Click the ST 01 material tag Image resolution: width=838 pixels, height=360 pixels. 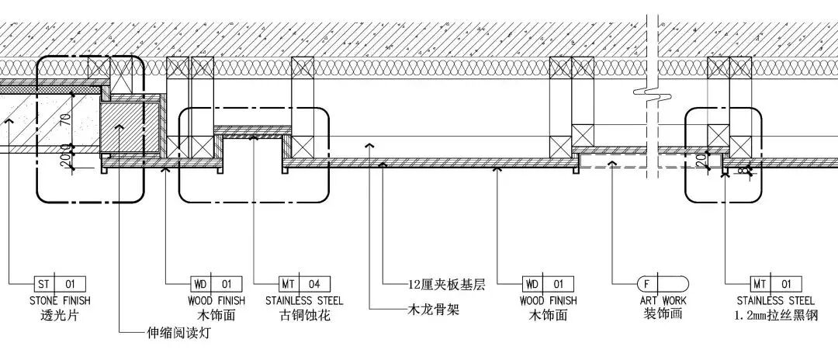[60, 284]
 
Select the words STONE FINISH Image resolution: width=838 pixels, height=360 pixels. [60, 300]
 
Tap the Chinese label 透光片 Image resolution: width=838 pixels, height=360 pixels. [60, 316]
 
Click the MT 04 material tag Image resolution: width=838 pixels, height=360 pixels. [305, 284]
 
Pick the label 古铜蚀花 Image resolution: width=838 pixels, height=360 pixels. [304, 316]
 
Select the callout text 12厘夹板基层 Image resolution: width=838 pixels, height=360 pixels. [445, 284]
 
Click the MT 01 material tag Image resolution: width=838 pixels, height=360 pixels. [775, 284]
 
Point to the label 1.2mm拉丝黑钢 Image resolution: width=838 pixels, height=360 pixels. [775, 316]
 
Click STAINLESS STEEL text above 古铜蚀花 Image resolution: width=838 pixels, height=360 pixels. [304, 300]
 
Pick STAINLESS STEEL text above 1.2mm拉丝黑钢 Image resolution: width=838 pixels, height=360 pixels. [775, 300]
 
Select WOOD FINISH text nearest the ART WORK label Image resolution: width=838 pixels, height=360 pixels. [548, 300]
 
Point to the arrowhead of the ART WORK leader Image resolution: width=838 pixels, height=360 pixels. [612, 164]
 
